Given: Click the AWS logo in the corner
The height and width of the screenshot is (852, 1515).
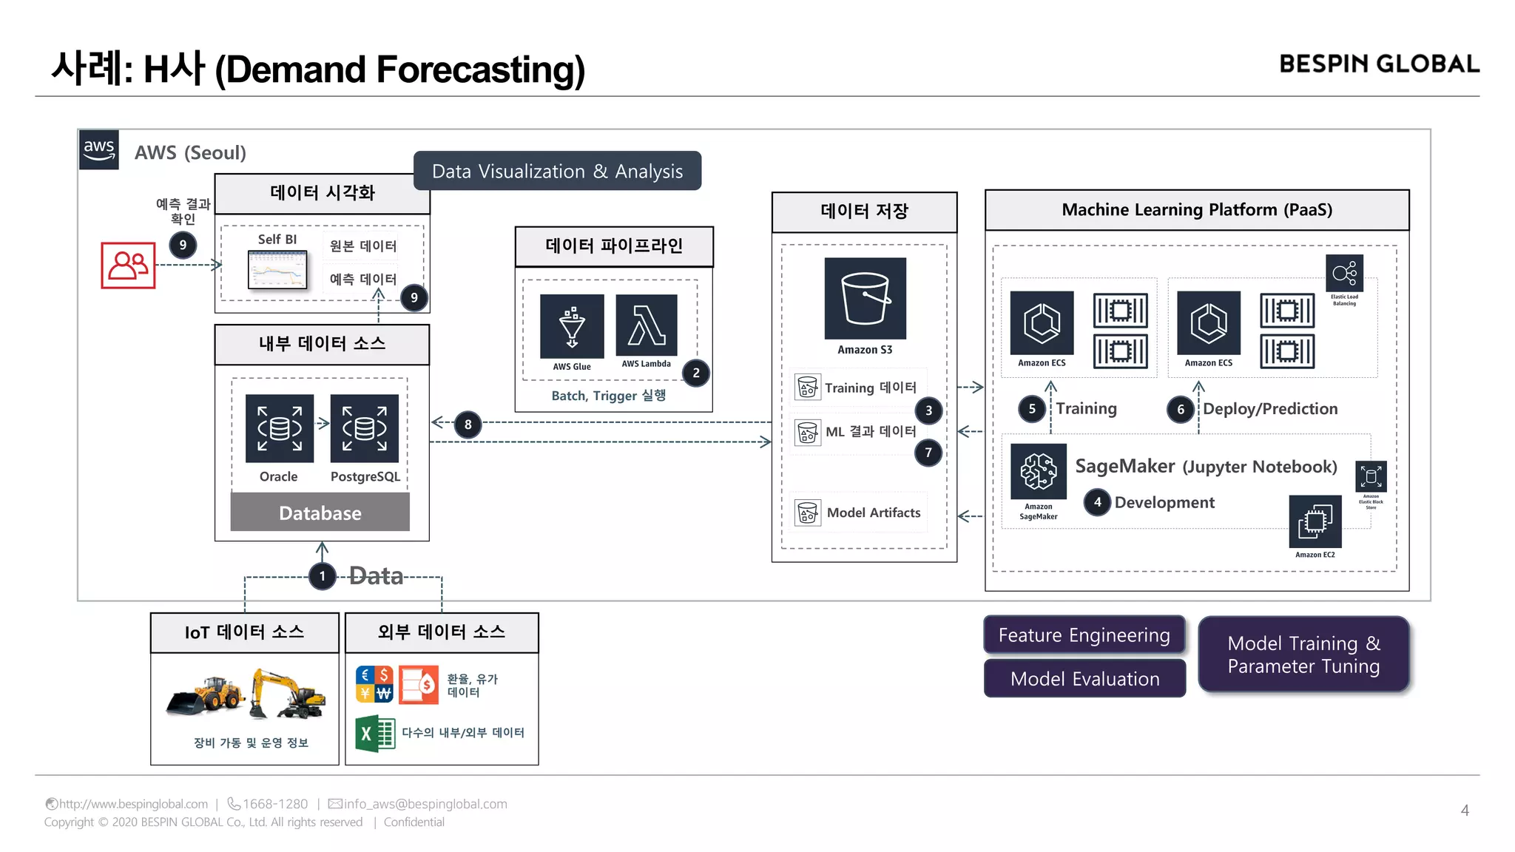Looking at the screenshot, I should (x=99, y=149).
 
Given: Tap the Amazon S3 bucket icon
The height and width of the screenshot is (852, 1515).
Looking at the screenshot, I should (x=865, y=298).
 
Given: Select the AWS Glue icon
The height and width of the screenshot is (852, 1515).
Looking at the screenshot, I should (x=572, y=326).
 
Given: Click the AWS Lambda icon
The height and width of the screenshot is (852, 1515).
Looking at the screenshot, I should (x=647, y=325).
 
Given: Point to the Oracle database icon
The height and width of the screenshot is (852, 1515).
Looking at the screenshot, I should (x=280, y=428).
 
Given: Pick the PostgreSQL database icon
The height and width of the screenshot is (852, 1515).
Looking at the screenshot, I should (x=365, y=428).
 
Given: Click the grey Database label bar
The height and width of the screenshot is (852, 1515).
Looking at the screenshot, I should (x=320, y=513).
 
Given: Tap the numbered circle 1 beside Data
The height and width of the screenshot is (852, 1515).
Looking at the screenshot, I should (x=322, y=576).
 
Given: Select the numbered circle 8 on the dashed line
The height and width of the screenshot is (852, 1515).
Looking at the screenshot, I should (x=468, y=425).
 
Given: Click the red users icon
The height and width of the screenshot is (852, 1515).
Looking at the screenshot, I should (x=129, y=265).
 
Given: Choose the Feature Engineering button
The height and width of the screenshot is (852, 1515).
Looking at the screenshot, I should (x=1084, y=635).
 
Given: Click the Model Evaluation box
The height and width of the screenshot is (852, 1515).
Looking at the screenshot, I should (x=1084, y=678).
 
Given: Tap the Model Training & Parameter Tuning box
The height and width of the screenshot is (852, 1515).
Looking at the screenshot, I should (x=1303, y=655).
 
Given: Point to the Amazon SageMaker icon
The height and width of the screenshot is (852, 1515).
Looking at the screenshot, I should (x=1039, y=472).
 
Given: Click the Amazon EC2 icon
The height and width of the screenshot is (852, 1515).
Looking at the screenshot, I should (x=1315, y=521).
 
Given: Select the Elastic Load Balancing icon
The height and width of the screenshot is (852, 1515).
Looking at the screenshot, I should (x=1344, y=274).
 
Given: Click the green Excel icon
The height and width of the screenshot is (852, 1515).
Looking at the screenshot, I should (x=375, y=733).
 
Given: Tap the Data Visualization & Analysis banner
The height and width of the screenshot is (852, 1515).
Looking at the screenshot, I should (x=557, y=171).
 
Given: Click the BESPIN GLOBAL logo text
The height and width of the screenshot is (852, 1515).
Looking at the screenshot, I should (x=1379, y=64).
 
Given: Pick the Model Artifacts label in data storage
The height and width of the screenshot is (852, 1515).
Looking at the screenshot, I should (x=873, y=513).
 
